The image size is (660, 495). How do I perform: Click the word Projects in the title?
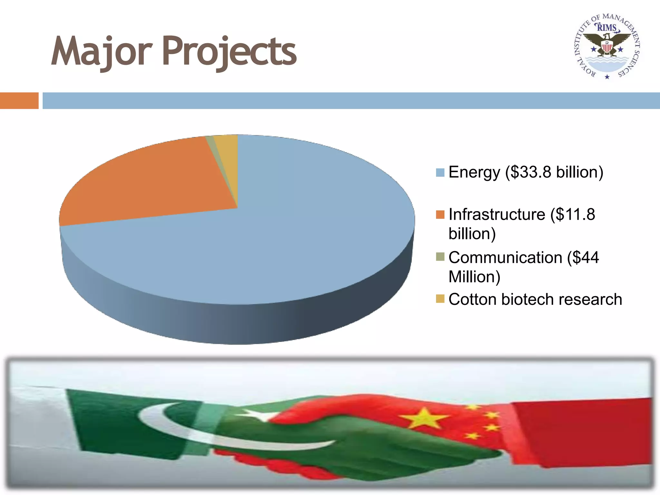click(x=229, y=52)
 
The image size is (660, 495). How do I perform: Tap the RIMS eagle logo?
click(x=607, y=47)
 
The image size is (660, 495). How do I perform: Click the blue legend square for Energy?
click(x=440, y=172)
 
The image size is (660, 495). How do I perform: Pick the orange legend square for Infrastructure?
click(x=440, y=215)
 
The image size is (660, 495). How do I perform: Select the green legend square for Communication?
click(x=440, y=257)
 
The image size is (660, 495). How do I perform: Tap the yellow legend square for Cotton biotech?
click(x=440, y=299)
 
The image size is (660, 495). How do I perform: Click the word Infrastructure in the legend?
click(x=497, y=215)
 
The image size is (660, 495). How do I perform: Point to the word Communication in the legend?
click(x=505, y=257)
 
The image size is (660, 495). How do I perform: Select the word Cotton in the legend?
click(x=472, y=299)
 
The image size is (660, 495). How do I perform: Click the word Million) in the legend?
click(x=474, y=277)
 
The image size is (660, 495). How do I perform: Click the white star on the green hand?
click(x=258, y=415)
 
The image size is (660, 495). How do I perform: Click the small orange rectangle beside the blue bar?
click(x=19, y=101)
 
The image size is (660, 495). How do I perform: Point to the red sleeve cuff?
click(x=580, y=432)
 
